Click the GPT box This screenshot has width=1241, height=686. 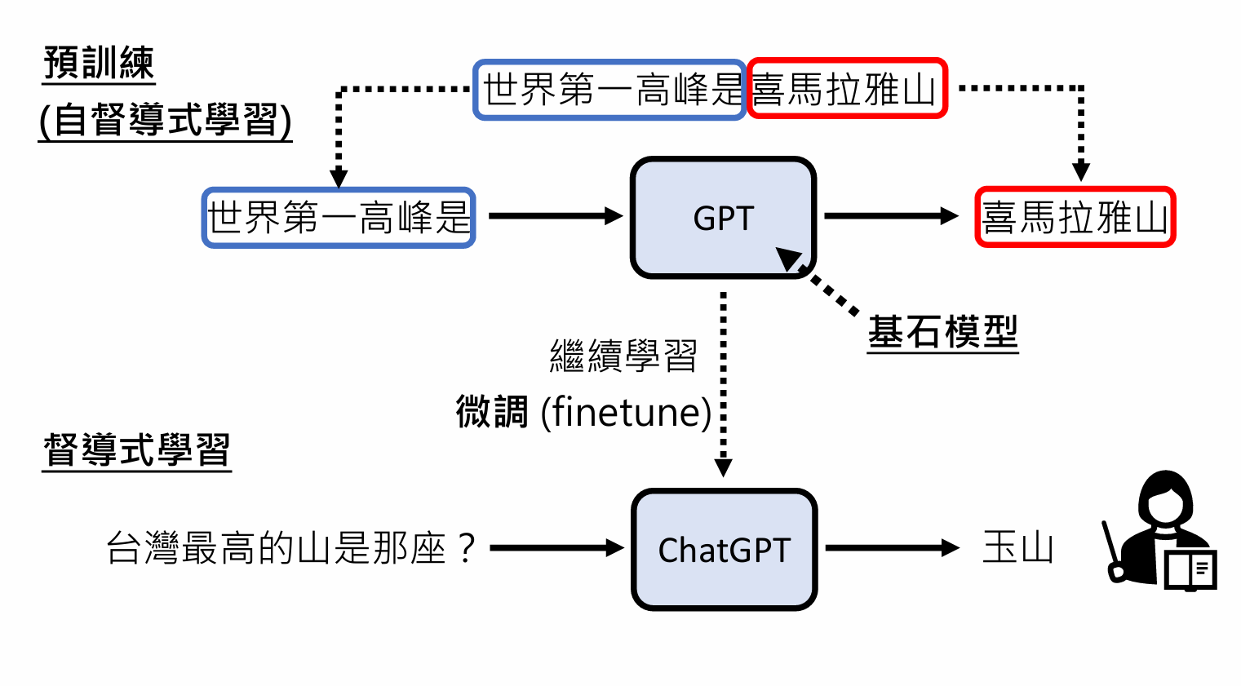coord(723,218)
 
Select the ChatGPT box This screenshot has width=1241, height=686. coord(724,549)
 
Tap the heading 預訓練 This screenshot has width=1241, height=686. coord(99,64)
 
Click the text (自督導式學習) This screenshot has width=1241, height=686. coord(166,121)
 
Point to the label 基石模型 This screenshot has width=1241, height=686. coord(942,332)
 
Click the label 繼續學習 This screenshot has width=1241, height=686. coord(623,356)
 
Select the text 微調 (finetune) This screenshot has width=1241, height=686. coord(583,412)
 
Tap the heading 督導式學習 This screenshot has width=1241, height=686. coord(137,449)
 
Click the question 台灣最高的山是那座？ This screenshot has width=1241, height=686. coord(290,548)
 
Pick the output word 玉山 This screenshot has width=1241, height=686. coord(1017,547)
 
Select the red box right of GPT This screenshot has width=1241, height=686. coord(1075,217)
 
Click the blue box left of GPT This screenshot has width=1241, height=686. coord(339,218)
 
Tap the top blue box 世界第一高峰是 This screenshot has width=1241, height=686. coord(609,89)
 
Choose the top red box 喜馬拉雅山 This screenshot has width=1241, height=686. coord(846,88)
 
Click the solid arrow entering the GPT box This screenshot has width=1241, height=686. coord(556,216)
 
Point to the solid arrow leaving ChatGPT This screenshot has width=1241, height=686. coord(892,548)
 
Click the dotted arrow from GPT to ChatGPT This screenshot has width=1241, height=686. coord(723,383)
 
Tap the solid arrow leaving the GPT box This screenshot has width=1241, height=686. coord(891,216)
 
